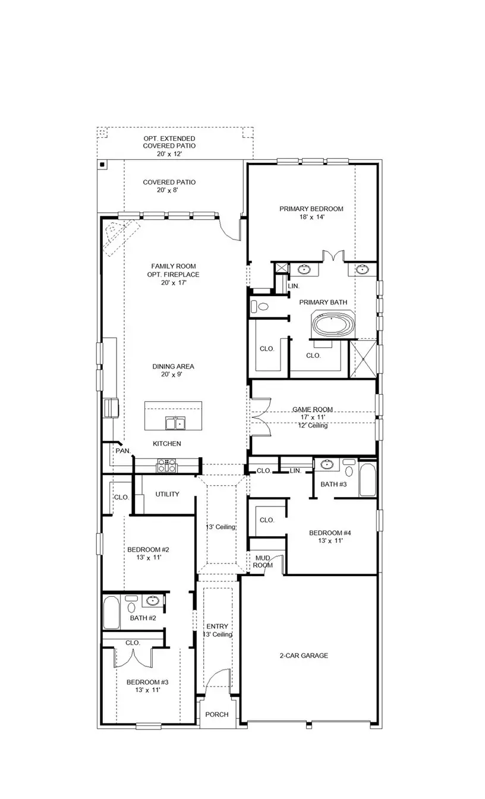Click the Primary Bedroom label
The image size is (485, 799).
(311, 209)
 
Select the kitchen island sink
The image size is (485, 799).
(175, 423)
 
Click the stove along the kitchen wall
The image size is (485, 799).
(166, 465)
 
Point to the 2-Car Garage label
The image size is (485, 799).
(304, 656)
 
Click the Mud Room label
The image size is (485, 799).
(263, 561)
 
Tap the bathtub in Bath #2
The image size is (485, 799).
(111, 613)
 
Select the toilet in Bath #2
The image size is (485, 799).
(131, 605)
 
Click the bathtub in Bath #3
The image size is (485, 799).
(367, 480)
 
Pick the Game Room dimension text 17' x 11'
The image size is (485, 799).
(312, 417)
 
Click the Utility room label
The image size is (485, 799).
(167, 494)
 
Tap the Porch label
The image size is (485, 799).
(217, 714)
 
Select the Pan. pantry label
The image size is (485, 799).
(123, 451)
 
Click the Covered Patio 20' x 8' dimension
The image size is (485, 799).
(169, 190)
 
